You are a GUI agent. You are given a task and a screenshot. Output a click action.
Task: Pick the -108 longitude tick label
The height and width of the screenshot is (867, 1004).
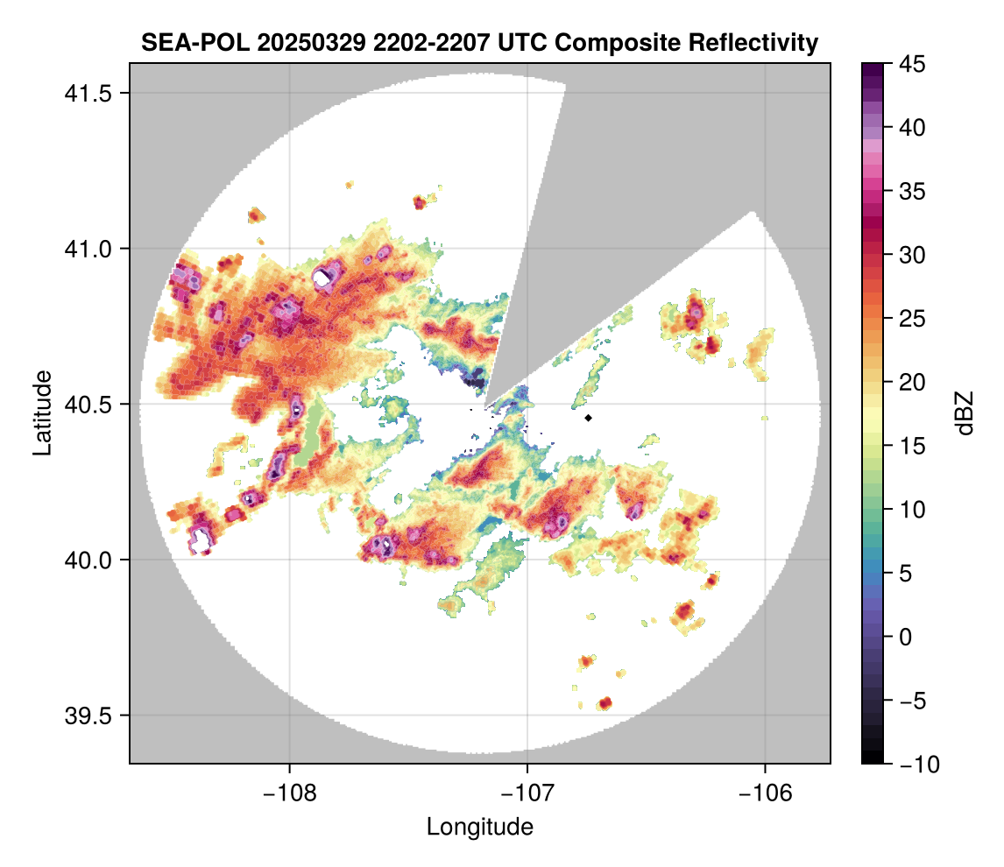point(289,793)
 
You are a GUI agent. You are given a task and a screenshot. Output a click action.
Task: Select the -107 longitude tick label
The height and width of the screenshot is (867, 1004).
point(527,793)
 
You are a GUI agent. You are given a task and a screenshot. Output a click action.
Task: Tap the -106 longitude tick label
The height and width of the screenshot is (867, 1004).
point(766,793)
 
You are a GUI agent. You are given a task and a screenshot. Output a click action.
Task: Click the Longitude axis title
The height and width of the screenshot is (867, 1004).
point(480,827)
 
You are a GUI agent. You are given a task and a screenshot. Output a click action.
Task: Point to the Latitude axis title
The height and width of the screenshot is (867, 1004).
point(41,412)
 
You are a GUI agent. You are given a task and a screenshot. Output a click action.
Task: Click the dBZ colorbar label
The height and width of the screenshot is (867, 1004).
point(965,413)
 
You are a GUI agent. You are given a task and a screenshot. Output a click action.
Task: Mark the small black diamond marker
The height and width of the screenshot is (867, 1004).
point(589,418)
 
